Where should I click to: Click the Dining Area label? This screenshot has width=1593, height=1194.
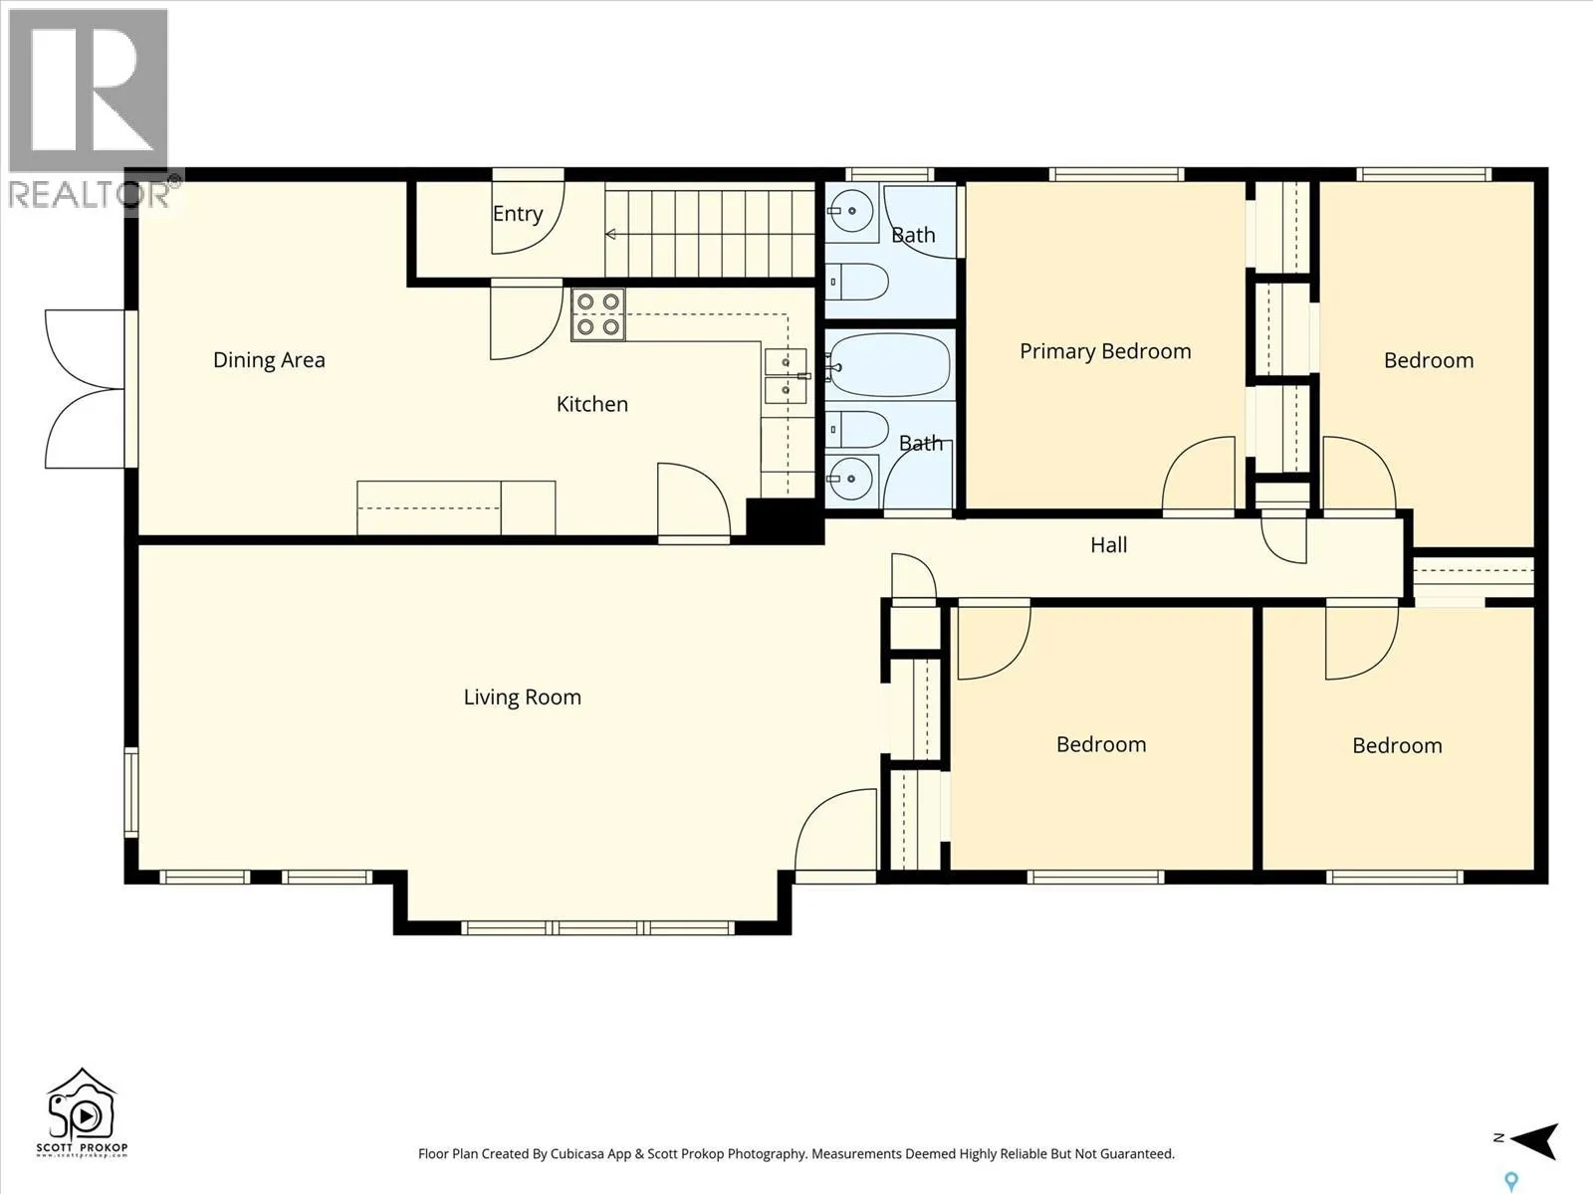[x=269, y=360]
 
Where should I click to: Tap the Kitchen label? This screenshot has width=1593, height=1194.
[x=592, y=404]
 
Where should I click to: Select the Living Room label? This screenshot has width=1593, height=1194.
[x=523, y=697]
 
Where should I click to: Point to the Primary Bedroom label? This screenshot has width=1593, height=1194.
[x=1105, y=351]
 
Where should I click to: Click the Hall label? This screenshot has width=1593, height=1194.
[x=1108, y=545]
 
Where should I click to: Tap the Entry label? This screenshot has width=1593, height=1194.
[x=518, y=214]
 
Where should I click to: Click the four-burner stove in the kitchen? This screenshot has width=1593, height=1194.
[x=598, y=314]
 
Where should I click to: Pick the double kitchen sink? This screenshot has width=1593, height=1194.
[x=786, y=375]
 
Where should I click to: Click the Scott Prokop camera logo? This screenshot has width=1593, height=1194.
[x=82, y=1112]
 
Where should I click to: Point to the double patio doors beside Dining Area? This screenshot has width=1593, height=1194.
[x=86, y=389]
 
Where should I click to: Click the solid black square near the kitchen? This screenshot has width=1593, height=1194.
[x=785, y=521]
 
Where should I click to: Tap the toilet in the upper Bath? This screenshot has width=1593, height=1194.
[x=857, y=282]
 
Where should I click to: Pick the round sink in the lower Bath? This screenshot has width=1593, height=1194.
[x=851, y=479]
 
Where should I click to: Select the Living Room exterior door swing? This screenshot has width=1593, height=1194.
[x=836, y=830]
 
